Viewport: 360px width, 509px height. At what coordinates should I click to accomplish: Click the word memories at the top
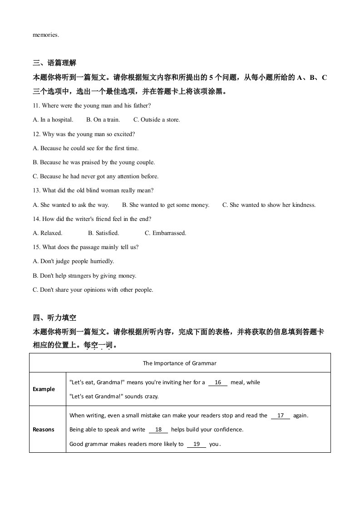pos(46,34)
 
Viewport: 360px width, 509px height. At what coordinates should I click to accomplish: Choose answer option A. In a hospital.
pos(53,120)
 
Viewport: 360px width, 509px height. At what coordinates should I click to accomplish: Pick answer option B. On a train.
pos(103,120)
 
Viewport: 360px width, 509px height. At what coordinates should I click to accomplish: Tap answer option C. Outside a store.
pos(157,120)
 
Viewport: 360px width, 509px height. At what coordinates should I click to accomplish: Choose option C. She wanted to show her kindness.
pos(269,205)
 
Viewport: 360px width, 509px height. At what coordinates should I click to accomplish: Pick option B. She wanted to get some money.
pos(166,205)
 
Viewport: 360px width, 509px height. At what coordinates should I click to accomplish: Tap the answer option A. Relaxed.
pos(48,233)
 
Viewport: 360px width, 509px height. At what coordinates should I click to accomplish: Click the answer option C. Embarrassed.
pos(165,233)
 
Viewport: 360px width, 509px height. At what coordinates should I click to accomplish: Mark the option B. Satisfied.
pos(104,233)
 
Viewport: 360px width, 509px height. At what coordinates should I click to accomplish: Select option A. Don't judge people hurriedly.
pos(74,261)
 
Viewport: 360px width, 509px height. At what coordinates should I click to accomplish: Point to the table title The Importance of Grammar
pos(180,363)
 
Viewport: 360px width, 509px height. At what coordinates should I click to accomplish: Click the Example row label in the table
pos(44,389)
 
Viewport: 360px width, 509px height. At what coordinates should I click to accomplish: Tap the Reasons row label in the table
pos(44,430)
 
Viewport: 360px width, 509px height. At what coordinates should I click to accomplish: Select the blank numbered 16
pos(218,382)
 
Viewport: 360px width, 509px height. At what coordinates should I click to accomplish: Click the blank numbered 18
pos(158,430)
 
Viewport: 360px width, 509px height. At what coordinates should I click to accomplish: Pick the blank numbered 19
pos(197,444)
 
